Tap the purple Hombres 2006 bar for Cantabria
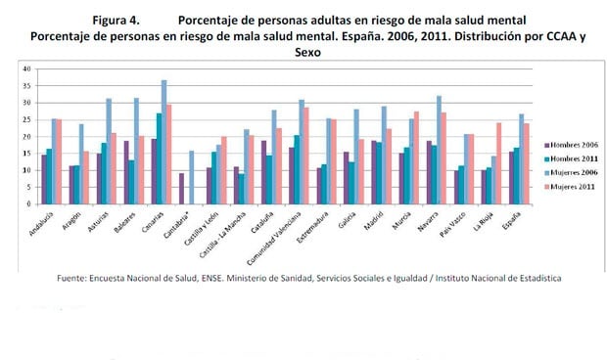[181, 189]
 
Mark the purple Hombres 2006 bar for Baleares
[126, 173]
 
